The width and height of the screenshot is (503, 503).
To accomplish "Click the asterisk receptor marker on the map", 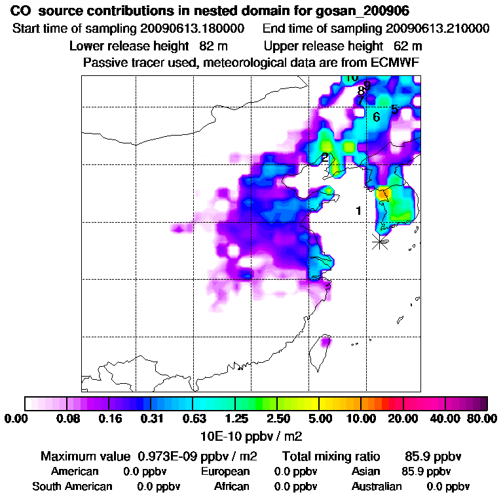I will point(379,241).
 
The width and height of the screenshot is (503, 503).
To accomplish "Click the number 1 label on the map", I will point(358,211).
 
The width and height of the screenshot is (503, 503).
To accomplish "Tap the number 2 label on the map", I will point(325,158).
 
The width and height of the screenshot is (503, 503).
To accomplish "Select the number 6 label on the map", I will point(376,117).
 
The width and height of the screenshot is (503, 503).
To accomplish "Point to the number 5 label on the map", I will point(394,109).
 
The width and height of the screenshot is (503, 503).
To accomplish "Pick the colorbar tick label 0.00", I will point(17,419).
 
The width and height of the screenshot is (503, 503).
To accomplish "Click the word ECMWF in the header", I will point(396,63).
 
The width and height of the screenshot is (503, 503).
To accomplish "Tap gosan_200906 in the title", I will point(372,12).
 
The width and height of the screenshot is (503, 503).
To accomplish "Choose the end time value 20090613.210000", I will point(438,29).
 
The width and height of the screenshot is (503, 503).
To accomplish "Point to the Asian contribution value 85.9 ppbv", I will point(426,472).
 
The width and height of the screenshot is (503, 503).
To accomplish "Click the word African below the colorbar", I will point(232,487).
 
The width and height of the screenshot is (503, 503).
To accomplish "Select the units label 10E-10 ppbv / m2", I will point(251,436).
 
